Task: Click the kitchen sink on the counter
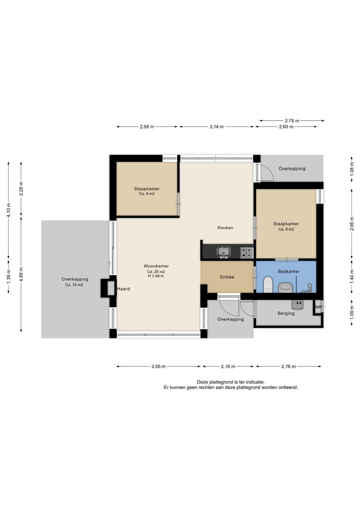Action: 224,252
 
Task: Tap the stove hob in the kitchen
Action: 247,252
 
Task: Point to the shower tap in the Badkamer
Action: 307,288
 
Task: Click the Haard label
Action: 124,289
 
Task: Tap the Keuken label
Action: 225,227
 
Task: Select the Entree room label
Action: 227,277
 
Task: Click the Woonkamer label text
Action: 156,266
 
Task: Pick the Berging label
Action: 286,313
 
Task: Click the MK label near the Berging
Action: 318,307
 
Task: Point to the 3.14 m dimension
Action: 217,127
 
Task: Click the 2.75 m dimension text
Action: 292,121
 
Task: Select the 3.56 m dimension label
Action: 159,366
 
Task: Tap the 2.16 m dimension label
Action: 228,366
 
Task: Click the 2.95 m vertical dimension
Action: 352,224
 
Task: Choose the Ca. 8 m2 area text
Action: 286,229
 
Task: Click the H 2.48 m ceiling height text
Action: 156,276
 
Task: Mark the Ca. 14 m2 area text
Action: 74,285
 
